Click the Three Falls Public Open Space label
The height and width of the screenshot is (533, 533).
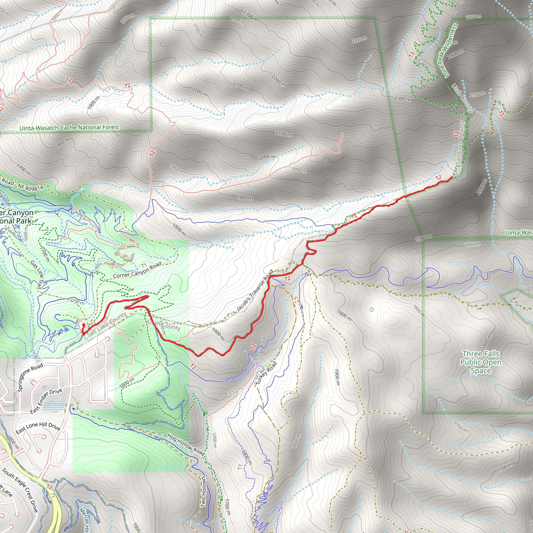(x=481, y=362)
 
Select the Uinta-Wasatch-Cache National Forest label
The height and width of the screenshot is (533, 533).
(x=69, y=128)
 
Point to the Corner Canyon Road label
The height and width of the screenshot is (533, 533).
(x=137, y=270)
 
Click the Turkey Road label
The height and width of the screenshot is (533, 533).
(x=266, y=373)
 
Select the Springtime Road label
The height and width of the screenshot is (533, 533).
(x=30, y=377)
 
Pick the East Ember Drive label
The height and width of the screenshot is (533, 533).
(x=46, y=401)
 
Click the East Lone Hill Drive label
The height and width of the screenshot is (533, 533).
(x=38, y=427)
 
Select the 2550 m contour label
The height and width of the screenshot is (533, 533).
(x=473, y=17)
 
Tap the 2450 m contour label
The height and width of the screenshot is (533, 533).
(x=359, y=40)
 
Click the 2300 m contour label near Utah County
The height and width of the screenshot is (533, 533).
(x=402, y=98)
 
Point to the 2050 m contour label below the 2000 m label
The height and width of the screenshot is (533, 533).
(x=299, y=169)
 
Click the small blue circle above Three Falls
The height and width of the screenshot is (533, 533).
(x=451, y=261)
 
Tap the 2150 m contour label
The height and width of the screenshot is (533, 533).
(x=198, y=30)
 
